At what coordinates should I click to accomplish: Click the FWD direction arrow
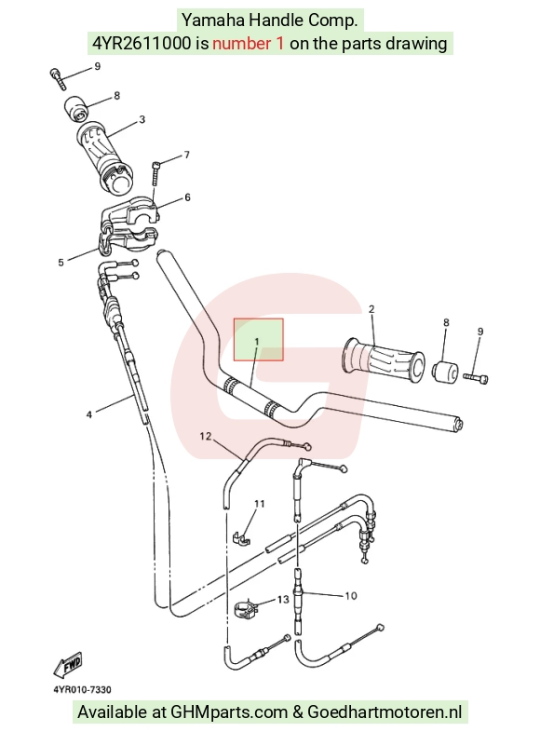[x=68, y=665]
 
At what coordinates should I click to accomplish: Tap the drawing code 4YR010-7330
[x=82, y=689]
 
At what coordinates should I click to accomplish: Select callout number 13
[x=283, y=599]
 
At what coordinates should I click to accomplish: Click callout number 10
[x=350, y=596]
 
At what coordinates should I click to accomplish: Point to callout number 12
[x=206, y=436]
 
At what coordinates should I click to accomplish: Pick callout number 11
[x=260, y=504]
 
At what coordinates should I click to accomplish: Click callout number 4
[x=89, y=414]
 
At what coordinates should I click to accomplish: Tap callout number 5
[x=61, y=263]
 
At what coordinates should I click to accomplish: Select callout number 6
[x=187, y=197]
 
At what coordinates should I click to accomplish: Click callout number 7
[x=187, y=155]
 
